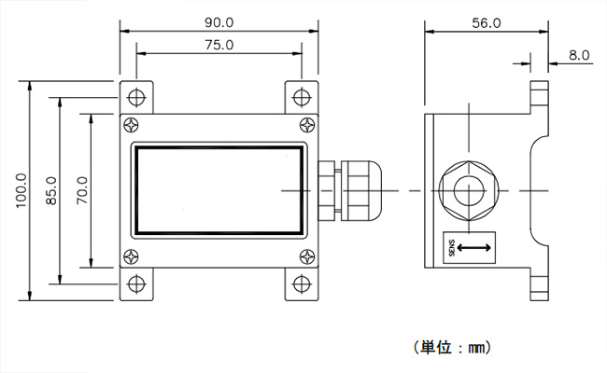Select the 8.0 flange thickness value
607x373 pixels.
579,56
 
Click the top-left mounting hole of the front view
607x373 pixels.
137,97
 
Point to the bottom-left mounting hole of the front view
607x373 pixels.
137,284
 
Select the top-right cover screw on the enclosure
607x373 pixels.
308,125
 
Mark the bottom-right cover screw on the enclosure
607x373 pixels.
308,257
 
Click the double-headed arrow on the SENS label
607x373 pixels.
473,247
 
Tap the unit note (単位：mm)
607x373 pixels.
451,347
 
